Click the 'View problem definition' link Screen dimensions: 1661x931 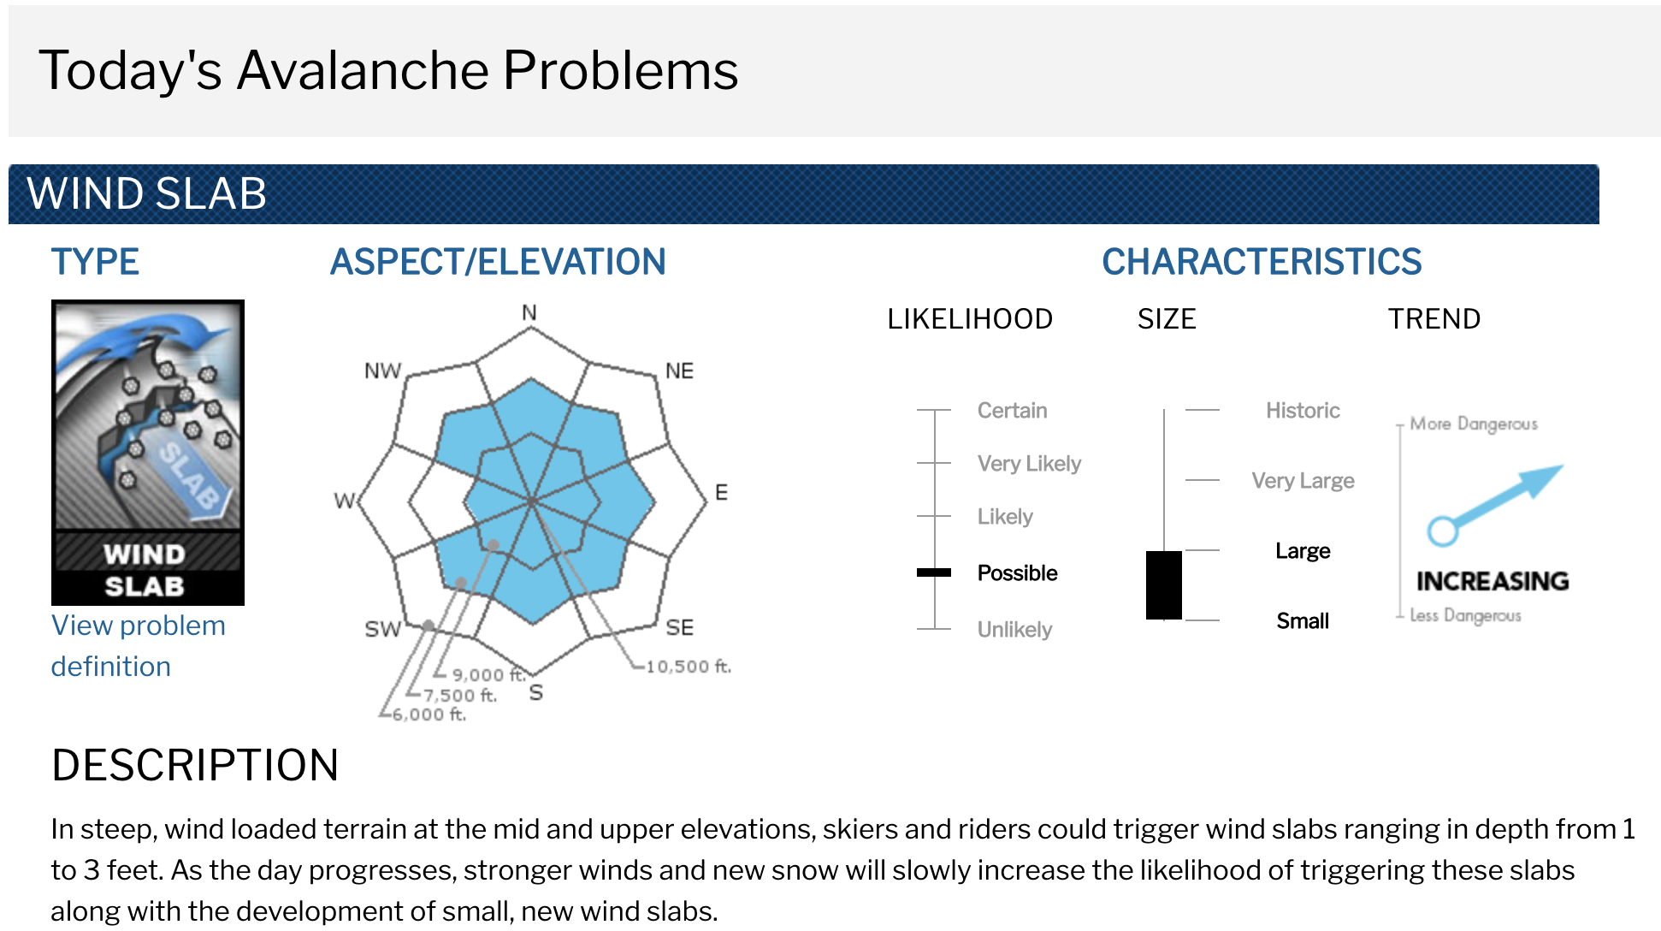pos(138,646)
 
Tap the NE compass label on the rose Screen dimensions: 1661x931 pos(679,371)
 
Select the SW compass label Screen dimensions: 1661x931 pos(382,629)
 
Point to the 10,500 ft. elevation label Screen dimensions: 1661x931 pos(689,666)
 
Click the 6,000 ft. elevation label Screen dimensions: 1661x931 pos(429,714)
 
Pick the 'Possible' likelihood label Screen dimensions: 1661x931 pos(1017,572)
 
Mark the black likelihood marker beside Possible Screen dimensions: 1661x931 pos(934,572)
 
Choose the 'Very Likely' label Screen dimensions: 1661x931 pos(1029,463)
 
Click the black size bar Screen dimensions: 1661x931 pos(1164,584)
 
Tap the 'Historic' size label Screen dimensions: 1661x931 pos(1303,410)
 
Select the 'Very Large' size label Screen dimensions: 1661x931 pos(1303,480)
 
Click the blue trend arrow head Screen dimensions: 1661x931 pos(1544,479)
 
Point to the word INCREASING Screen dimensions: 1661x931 pos(1493,581)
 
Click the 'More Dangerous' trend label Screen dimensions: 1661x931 pos(1474,424)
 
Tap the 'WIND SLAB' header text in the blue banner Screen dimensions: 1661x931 pos(147,193)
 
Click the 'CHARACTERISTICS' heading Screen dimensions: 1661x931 pos(1262,262)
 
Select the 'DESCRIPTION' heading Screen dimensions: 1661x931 pos(195,765)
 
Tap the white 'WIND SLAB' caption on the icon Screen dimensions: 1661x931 pos(145,570)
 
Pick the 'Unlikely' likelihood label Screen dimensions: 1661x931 pos(1014,629)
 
